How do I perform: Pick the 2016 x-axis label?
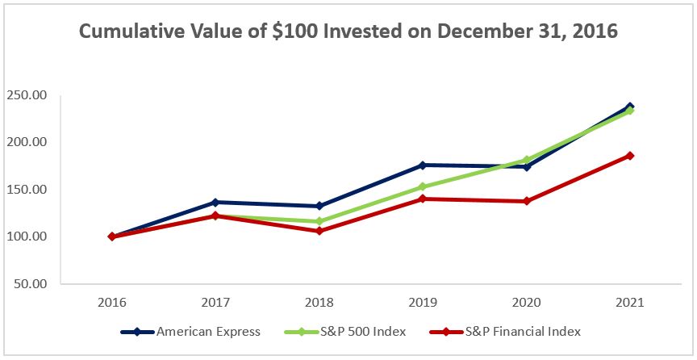tap(111, 303)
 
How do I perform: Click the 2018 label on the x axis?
tap(319, 303)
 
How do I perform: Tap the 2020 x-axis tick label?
tap(527, 303)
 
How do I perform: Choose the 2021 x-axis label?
tap(630, 303)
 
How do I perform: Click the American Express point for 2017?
tap(215, 202)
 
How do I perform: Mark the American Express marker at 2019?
tap(423, 165)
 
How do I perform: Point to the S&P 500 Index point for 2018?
tap(319, 221)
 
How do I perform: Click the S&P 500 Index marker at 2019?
tap(423, 186)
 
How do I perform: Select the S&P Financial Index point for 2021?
tap(630, 156)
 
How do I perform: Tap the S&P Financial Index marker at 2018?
tap(319, 231)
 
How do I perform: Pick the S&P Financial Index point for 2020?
tap(527, 201)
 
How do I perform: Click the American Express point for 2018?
tap(319, 206)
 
